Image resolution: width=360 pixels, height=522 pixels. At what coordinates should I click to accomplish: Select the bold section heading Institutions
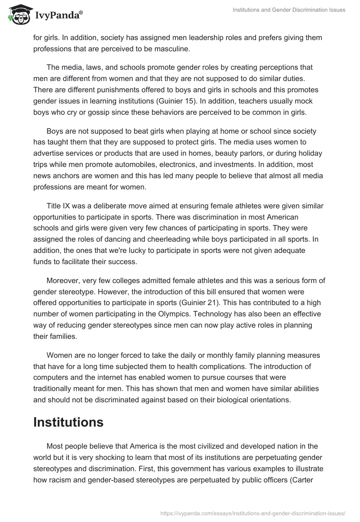[x=68, y=422]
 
